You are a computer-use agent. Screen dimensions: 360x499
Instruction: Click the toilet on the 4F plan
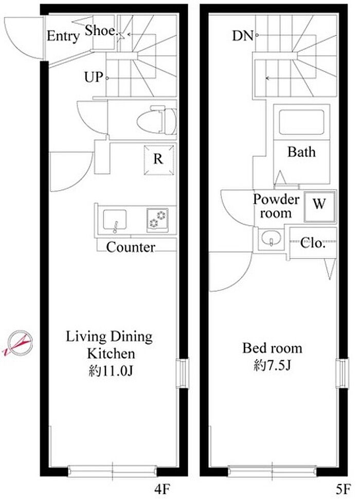157,121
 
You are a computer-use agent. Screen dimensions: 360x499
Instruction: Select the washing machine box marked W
319,207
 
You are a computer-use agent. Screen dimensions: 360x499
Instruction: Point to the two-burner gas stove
157,220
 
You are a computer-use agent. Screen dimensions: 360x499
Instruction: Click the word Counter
131,247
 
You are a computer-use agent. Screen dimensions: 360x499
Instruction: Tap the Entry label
63,36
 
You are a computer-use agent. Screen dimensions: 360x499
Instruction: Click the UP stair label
94,77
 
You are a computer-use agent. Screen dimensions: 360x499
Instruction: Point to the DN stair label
242,36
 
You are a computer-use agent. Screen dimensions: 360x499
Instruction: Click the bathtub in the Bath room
301,122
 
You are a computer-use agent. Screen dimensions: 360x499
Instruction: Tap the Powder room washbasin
271,237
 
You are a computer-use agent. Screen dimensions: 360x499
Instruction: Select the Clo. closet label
313,244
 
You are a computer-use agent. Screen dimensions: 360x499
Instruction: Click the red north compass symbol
19,343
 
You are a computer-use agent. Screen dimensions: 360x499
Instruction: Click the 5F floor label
344,489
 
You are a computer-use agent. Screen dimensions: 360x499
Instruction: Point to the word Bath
301,152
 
